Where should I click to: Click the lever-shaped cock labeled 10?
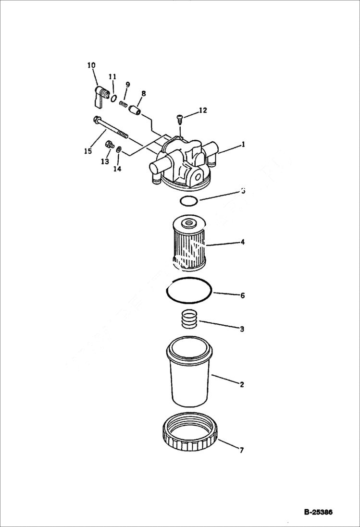click(x=98, y=95)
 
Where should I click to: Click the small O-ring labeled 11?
click(x=113, y=98)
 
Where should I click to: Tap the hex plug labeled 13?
click(x=109, y=144)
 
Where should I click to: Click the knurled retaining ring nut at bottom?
click(x=190, y=434)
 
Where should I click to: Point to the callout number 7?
click(x=241, y=450)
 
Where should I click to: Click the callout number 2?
click(x=242, y=384)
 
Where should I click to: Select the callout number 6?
click(x=242, y=295)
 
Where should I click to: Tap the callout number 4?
click(x=243, y=242)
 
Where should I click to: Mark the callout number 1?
click(x=243, y=144)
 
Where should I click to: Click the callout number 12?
click(x=202, y=110)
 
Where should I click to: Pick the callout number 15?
click(x=87, y=151)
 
